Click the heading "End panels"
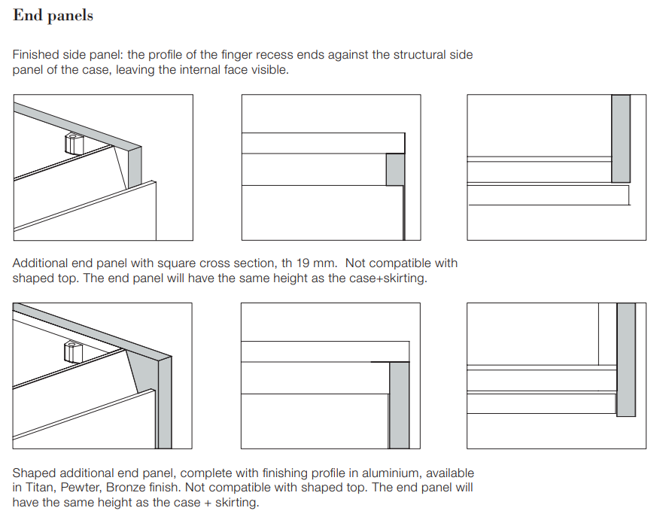click(53, 16)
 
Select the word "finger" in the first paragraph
click(236, 55)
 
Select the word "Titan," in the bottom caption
click(41, 488)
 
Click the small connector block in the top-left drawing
click(74, 143)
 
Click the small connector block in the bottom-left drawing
click(73, 352)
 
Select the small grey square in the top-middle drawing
click(395, 170)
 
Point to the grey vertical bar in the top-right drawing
click(621, 139)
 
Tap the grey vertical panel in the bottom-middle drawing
click(399, 405)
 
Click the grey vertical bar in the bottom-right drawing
click(626, 360)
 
